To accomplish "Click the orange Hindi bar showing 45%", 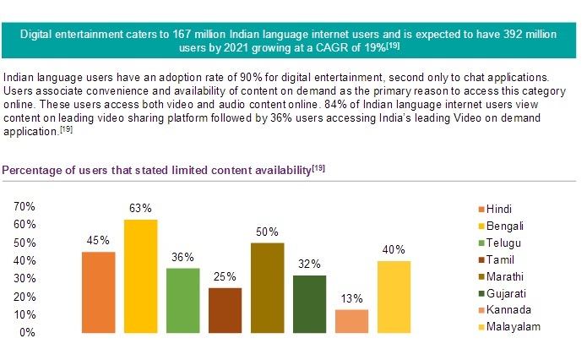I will [x=98, y=292].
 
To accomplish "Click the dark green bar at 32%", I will [x=308, y=303].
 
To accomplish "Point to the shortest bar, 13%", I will [x=351, y=320].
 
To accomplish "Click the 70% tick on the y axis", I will [x=24, y=206].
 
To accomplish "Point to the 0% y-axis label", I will [x=27, y=332].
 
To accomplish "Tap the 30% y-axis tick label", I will [x=24, y=278].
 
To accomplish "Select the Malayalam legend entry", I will [x=513, y=326].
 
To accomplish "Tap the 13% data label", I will [x=351, y=298].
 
